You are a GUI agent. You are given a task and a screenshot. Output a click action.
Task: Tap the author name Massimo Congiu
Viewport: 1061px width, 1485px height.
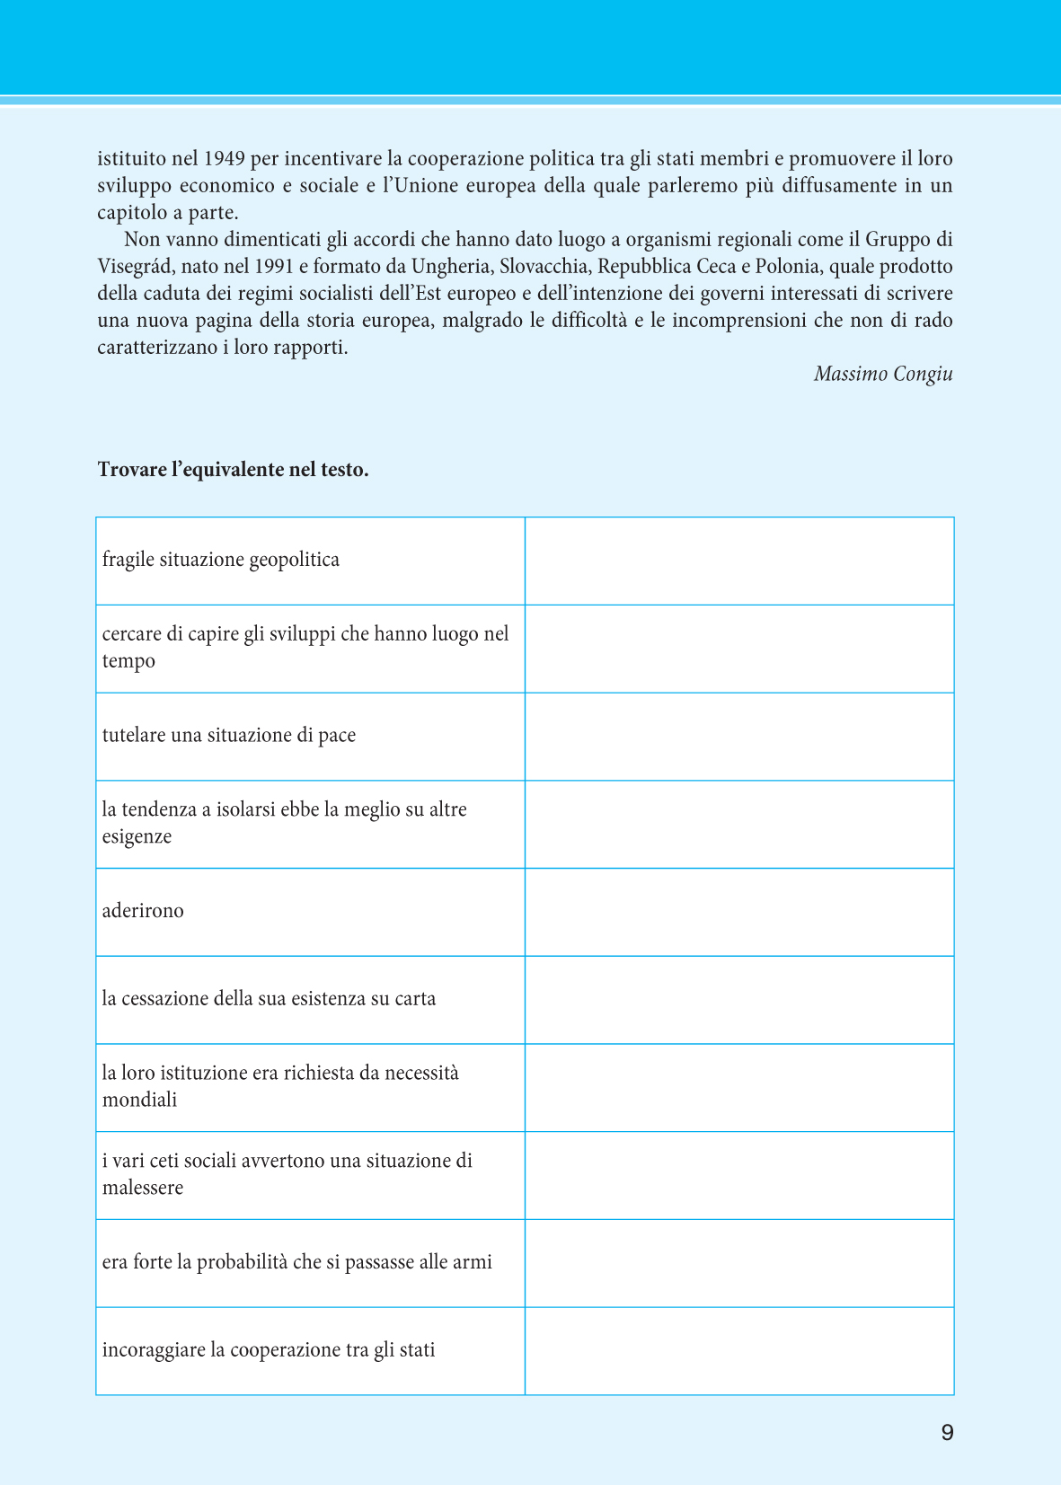point(883,374)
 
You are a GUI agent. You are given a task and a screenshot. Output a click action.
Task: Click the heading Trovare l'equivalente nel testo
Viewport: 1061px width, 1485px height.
point(234,470)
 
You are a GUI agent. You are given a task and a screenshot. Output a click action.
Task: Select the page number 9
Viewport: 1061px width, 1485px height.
point(947,1432)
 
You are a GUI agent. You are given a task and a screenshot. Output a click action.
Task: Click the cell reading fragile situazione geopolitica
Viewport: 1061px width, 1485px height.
point(221,560)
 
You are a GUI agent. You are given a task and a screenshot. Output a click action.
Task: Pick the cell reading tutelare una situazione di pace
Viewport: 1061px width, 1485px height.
point(229,735)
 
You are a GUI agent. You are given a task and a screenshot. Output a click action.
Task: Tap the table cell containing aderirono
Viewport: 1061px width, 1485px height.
point(143,911)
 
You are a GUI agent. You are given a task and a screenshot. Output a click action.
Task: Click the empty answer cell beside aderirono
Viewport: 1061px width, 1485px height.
point(738,912)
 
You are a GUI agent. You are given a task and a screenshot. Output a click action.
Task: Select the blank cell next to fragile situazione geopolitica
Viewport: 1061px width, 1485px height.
point(738,561)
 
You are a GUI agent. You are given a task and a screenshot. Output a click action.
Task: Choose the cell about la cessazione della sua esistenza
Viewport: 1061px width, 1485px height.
point(269,999)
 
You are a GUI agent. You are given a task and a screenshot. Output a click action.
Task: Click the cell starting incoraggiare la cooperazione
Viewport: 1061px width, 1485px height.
point(269,1350)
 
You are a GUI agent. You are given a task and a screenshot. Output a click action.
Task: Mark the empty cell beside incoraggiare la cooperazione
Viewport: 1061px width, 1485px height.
point(738,1351)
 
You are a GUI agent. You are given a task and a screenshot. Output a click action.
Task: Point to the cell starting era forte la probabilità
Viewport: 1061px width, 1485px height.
point(297,1262)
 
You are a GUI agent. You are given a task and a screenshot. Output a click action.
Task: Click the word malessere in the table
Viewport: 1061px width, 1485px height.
point(143,1188)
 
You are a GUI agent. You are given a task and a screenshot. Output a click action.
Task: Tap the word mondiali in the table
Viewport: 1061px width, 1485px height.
point(140,1100)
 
